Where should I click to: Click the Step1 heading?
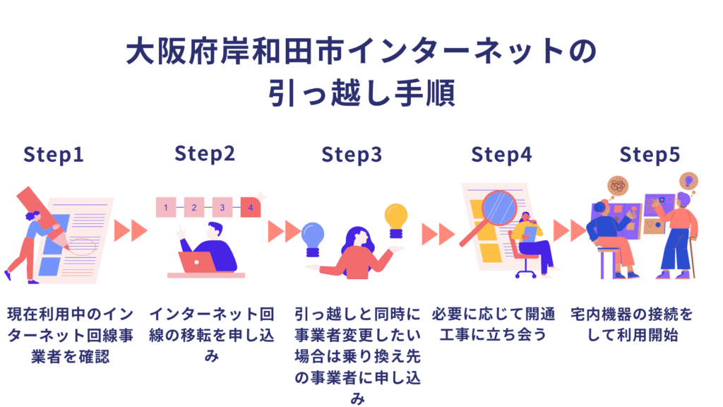click(54, 155)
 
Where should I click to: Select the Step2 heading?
click(205, 153)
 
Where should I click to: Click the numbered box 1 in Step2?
click(165, 208)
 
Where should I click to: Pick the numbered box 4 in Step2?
click(250, 208)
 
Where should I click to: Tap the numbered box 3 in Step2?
click(222, 208)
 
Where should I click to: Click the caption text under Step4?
click(494, 324)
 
